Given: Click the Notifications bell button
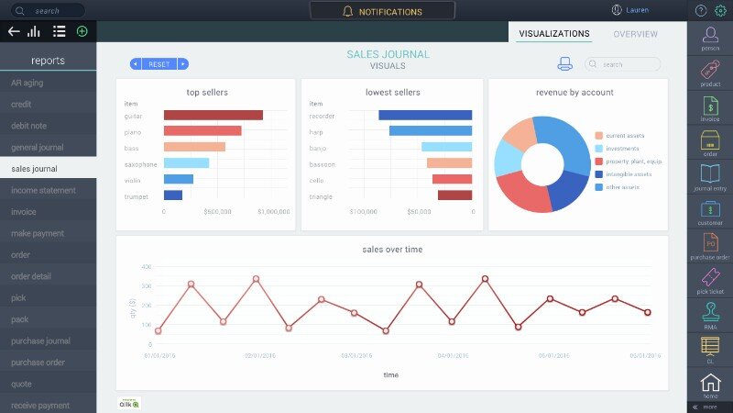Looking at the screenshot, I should pyautogui.click(x=382, y=12).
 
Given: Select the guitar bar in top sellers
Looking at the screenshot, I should pyautogui.click(x=213, y=115).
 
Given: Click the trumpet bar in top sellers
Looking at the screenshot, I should pyautogui.click(x=173, y=195).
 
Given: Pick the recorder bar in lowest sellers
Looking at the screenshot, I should pyautogui.click(x=425, y=115).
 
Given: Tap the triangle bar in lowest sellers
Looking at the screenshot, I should pyautogui.click(x=454, y=195).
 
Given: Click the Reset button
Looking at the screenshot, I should pyautogui.click(x=159, y=64).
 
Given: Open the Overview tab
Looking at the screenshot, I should pyautogui.click(x=635, y=34).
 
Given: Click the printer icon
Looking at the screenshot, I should pyautogui.click(x=565, y=64).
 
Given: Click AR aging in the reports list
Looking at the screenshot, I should pyautogui.click(x=28, y=83).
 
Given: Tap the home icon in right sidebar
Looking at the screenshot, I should pyautogui.click(x=710, y=384).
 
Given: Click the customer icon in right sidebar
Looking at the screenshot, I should pyautogui.click(x=710, y=211).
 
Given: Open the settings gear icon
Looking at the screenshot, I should pyautogui.click(x=720, y=11).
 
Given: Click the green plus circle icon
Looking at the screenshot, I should pyautogui.click(x=82, y=31).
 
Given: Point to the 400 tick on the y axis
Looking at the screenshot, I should pyautogui.click(x=146, y=266).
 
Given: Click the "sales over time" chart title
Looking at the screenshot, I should pyautogui.click(x=391, y=249).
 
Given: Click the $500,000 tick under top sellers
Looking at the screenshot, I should pyautogui.click(x=217, y=211).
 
